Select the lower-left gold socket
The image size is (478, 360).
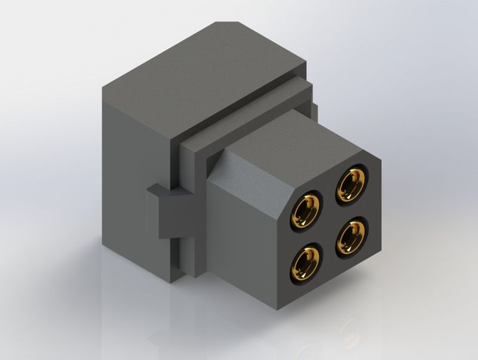click(305, 263)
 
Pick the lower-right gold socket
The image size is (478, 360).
click(351, 236)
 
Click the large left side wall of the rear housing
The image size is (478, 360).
click(134, 179)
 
